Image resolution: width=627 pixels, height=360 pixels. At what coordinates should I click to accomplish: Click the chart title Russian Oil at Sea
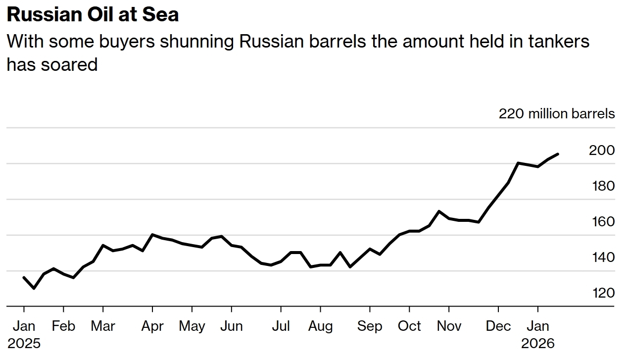93,15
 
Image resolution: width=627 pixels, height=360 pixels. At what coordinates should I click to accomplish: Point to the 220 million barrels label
556,113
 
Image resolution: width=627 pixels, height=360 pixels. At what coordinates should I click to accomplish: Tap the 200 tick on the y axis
601,150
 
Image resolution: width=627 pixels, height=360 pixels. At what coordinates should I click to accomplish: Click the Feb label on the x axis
63,326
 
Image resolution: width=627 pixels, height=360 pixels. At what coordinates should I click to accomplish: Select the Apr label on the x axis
152,326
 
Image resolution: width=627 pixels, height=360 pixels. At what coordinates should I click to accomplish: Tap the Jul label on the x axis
281,326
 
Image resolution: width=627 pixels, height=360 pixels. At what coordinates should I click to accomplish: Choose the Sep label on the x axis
370,326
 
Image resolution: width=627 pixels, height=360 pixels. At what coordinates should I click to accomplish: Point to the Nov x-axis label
449,326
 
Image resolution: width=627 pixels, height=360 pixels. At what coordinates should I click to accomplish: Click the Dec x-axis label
498,326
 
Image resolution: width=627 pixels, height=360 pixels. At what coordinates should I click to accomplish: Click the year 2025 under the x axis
24,343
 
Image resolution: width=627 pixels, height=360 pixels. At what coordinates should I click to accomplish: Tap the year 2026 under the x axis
538,343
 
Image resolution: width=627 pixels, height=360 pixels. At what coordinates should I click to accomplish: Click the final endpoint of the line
558,154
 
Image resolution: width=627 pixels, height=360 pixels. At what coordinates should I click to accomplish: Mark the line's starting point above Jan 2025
24,277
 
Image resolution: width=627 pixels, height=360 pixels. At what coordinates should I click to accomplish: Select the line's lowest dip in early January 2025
34,288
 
